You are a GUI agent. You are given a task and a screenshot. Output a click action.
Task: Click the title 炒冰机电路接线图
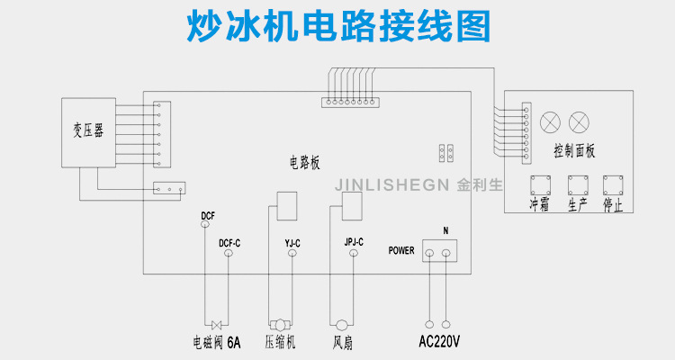pyautogui.click(x=337, y=27)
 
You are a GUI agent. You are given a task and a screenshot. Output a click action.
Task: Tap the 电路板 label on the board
pyautogui.click(x=303, y=163)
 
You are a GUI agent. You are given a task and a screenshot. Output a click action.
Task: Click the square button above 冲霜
pyautogui.click(x=539, y=184)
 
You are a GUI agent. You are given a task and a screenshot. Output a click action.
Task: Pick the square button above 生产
pyautogui.click(x=577, y=184)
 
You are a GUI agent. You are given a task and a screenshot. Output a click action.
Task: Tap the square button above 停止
pyautogui.click(x=614, y=184)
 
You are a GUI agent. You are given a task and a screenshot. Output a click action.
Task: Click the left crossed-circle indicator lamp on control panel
pyautogui.click(x=549, y=119)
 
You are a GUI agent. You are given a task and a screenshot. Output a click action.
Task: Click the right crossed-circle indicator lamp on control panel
pyautogui.click(x=580, y=119)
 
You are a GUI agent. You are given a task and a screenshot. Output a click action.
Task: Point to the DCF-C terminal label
pyautogui.click(x=229, y=243)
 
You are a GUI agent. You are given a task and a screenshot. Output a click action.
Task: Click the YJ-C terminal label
pyautogui.click(x=292, y=243)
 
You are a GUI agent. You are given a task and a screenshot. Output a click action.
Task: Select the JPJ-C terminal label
pyautogui.click(x=354, y=243)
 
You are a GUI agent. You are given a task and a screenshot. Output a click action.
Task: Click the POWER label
pyautogui.click(x=401, y=251)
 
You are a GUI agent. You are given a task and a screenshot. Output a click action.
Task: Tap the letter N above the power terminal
pyautogui.click(x=445, y=230)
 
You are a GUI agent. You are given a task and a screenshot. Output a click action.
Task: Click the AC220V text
pyautogui.click(x=439, y=342)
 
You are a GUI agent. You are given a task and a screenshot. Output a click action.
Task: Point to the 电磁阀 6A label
pyautogui.click(x=217, y=342)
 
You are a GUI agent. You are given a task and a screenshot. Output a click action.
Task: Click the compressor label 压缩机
pyautogui.click(x=282, y=342)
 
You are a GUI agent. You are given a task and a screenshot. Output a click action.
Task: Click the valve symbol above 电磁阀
pyautogui.click(x=217, y=324)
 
